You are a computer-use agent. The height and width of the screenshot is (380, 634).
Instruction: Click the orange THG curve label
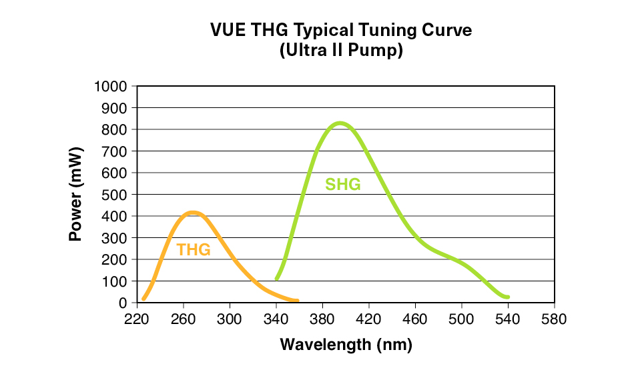click(194, 250)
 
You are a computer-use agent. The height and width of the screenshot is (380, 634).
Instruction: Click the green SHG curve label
click(342, 185)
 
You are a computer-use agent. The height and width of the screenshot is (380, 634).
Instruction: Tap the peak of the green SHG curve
click(340, 123)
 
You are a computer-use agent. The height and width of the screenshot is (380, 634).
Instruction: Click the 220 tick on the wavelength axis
click(137, 319)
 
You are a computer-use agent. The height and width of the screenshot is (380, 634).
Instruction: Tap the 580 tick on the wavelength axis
click(554, 319)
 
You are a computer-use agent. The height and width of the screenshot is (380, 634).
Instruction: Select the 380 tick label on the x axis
click(322, 319)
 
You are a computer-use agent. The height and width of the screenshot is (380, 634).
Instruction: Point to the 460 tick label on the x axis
click(415, 319)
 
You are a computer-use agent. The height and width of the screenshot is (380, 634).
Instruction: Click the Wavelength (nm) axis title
click(346, 345)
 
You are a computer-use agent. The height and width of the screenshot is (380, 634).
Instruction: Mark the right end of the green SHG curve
click(508, 297)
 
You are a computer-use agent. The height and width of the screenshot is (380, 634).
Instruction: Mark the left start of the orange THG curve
click(143, 299)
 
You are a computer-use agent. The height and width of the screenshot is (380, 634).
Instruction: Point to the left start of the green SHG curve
click(276, 278)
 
